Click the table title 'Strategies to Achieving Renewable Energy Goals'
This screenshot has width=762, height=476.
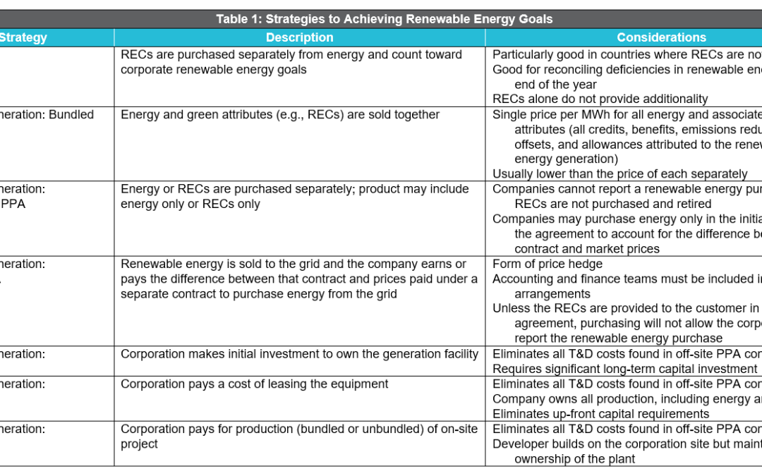pyautogui.click(x=385, y=19)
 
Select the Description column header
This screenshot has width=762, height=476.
pyautogui.click(x=299, y=38)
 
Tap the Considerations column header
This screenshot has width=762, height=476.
pyautogui.click(x=661, y=38)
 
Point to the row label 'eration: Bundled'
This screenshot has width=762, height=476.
pyautogui.click(x=47, y=115)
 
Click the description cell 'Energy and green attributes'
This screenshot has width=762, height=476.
pyautogui.click(x=279, y=115)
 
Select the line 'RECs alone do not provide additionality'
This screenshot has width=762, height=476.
pyautogui.click(x=600, y=99)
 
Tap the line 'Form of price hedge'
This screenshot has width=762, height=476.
pyautogui.click(x=548, y=264)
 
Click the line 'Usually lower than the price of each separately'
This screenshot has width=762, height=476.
pyautogui.click(x=619, y=174)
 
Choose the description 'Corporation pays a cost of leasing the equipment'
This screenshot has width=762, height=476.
pyautogui.click(x=254, y=384)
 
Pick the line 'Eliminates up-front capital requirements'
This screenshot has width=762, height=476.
pyautogui.click(x=600, y=414)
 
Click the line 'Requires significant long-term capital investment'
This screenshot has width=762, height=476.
pyautogui.click(x=624, y=369)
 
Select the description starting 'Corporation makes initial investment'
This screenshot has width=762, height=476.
pyautogui.click(x=299, y=354)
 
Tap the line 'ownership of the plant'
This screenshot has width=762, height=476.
pyautogui.click(x=574, y=459)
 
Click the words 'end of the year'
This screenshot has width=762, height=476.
pyautogui.click(x=555, y=85)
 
